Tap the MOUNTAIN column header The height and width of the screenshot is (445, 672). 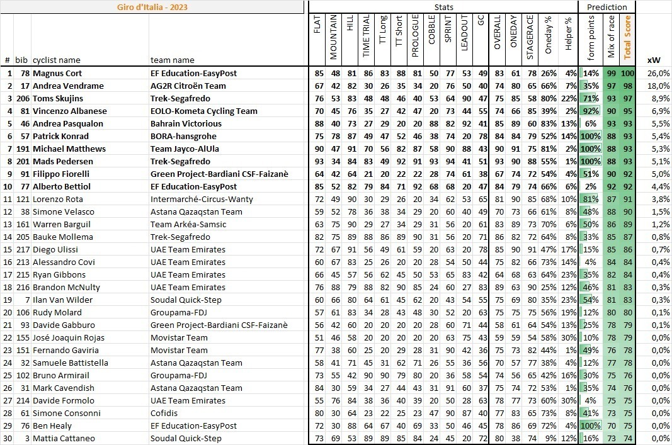pos(334,37)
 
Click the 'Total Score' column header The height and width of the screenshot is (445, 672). pos(627,37)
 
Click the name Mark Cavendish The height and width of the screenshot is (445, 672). pos(63,388)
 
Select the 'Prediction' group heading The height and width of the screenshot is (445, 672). pos(607,7)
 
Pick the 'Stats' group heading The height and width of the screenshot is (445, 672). pos(443,7)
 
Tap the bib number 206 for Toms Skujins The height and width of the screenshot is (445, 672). pos(22,98)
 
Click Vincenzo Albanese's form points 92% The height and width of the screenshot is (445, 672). pos(591,111)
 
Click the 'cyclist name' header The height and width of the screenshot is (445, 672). pos(56,60)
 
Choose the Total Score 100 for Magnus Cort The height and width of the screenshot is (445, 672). pos(627,73)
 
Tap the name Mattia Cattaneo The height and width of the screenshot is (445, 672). pos(64,438)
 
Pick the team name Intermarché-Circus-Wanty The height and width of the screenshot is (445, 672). pos(202,199)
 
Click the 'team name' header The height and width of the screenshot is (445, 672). pos(172,60)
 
